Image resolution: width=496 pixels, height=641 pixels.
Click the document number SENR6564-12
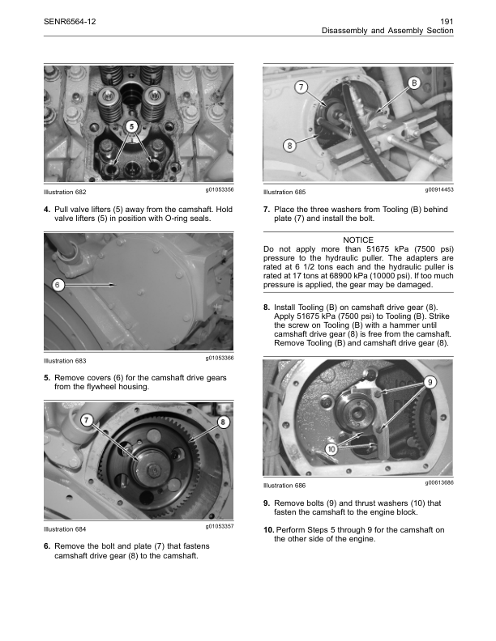(69, 19)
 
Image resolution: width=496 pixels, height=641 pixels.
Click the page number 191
(445, 19)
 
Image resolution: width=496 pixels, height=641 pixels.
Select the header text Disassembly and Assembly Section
(387, 31)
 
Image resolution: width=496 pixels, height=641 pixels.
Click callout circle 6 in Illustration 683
(57, 284)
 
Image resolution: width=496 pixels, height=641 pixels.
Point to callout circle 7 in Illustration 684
(87, 420)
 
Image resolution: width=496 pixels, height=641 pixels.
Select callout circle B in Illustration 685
(414, 83)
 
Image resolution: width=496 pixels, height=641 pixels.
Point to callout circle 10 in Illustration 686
(331, 449)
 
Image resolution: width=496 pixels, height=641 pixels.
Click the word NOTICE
(358, 240)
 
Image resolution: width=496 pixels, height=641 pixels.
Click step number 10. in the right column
(269, 529)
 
